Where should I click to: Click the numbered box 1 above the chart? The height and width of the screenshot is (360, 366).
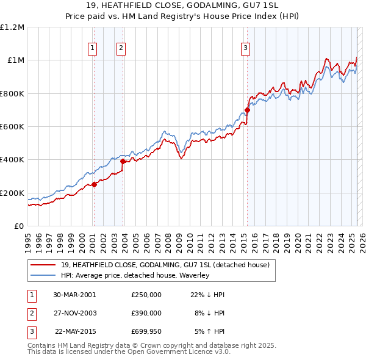point(92,48)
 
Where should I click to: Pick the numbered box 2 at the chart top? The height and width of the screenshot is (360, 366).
point(121,48)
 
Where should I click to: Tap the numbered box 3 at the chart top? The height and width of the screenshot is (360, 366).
point(245,48)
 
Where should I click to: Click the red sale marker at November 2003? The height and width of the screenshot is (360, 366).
point(123,162)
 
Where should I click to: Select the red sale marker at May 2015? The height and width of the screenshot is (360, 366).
point(247,110)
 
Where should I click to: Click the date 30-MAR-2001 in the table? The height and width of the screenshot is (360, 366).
point(74,294)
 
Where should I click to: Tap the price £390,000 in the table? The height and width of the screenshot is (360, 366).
point(146,313)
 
